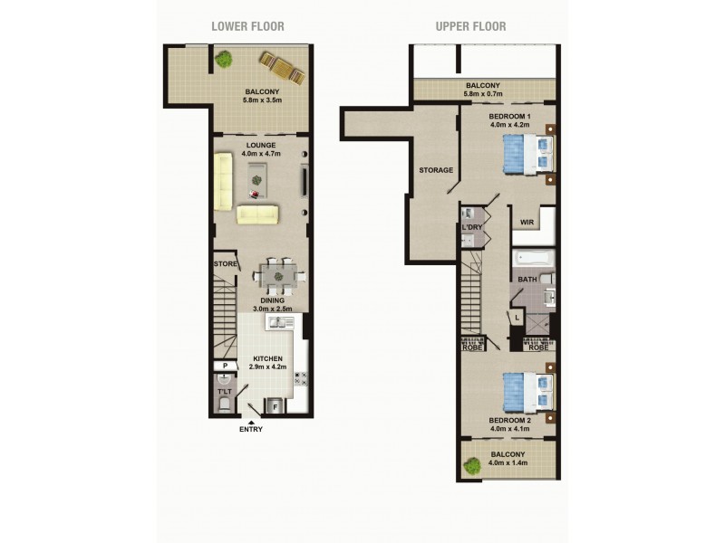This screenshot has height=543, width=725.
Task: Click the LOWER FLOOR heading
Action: click(x=247, y=26)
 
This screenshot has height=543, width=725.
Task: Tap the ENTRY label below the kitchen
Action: click(x=251, y=429)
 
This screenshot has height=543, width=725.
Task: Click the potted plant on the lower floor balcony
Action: click(x=223, y=60)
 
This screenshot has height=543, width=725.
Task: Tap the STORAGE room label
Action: click(x=436, y=170)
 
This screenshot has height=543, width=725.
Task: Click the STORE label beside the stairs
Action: click(x=225, y=264)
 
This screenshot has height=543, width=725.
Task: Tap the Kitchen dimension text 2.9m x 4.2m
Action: click(x=267, y=367)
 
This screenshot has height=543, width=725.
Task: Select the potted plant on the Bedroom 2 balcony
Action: click(x=472, y=466)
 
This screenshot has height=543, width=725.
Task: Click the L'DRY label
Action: click(x=471, y=227)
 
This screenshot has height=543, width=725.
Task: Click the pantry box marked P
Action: click(x=224, y=366)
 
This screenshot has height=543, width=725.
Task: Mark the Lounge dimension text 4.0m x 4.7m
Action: click(x=260, y=154)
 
